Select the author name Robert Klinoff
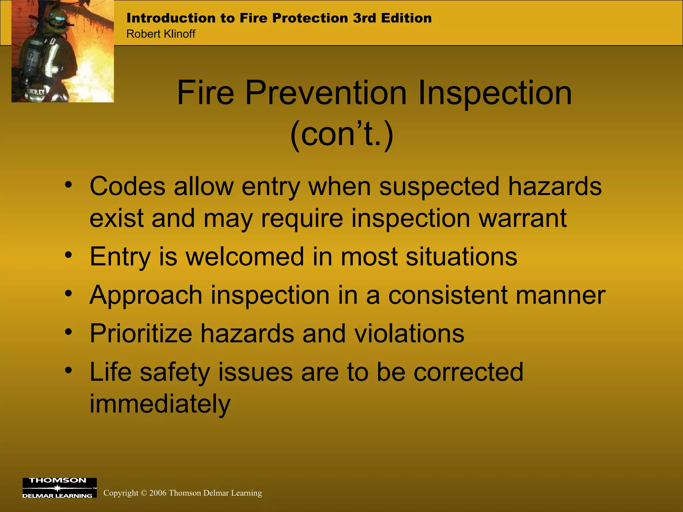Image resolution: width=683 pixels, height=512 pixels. click(161, 34)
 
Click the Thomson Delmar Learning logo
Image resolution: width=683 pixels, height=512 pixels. click(59, 488)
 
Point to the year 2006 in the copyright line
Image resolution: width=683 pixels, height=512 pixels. click(158, 493)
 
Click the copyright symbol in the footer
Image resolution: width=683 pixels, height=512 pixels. click(144, 493)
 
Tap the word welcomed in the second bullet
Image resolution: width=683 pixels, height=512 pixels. click(245, 257)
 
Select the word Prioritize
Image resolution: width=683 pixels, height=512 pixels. click(141, 333)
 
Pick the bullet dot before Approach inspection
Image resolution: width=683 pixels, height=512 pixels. click(69, 293)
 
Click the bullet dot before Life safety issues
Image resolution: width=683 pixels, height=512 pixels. click(69, 370)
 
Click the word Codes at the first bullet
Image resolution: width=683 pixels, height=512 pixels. click(127, 187)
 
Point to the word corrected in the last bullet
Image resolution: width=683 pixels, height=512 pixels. click(468, 372)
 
